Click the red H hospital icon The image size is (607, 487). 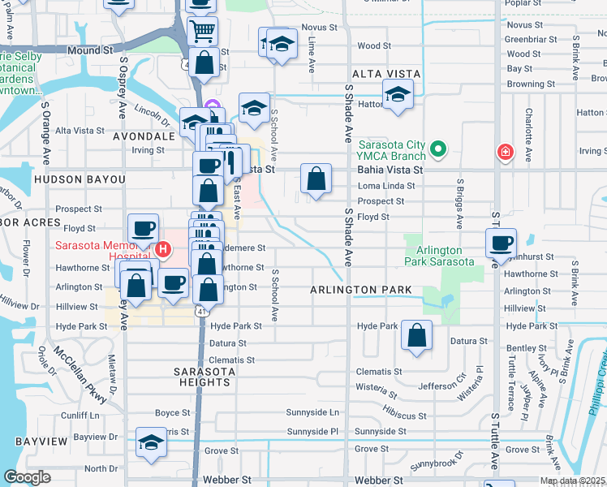(x=162, y=249)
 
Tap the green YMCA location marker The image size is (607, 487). (x=438, y=149)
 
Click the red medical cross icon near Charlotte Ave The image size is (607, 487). (x=505, y=152)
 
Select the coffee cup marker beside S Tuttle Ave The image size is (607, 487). (x=500, y=243)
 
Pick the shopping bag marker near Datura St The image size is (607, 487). (x=416, y=336)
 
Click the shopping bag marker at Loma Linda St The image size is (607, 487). (x=316, y=179)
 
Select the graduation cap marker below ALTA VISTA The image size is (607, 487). (x=398, y=95)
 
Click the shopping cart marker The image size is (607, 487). (x=202, y=32)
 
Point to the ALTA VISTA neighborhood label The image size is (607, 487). (x=386, y=74)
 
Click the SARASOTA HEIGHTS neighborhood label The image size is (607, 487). (x=205, y=377)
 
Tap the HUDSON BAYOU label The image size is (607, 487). (x=79, y=179)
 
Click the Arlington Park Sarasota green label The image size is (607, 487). (x=439, y=256)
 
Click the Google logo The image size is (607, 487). (x=27, y=477)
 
